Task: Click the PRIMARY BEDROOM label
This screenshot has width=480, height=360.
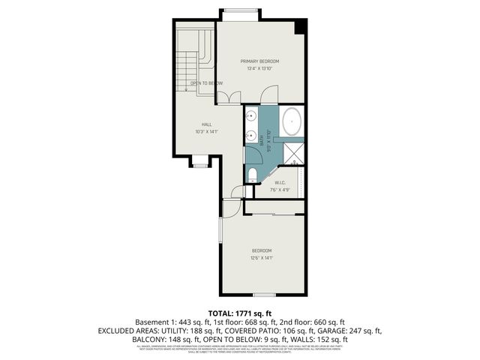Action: point(259,61)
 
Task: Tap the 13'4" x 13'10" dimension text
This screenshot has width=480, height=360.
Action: point(259,69)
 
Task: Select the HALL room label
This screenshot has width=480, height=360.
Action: point(206,124)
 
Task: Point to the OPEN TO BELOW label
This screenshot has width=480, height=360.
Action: point(206,82)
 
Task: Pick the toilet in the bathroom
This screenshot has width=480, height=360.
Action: point(253,174)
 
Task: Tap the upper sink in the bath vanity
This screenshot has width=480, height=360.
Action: point(252,117)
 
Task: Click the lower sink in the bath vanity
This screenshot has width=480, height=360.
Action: point(252,136)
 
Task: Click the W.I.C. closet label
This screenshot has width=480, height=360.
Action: point(280,182)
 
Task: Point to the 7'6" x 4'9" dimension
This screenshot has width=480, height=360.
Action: point(280,190)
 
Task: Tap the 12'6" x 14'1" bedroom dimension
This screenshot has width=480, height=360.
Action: point(261,257)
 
